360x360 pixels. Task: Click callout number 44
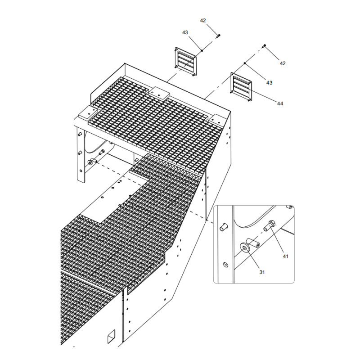[x=280, y=104]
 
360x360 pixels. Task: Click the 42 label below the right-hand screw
[x=283, y=64]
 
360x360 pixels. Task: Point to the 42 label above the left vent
[x=203, y=21]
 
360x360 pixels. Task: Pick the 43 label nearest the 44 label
[x=270, y=83]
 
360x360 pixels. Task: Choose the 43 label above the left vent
[x=185, y=32]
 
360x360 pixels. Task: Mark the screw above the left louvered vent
[x=218, y=35]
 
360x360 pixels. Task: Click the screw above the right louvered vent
[x=265, y=45]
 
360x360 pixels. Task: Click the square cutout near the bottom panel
[x=110, y=336]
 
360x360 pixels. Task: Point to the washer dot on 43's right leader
[x=244, y=63]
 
